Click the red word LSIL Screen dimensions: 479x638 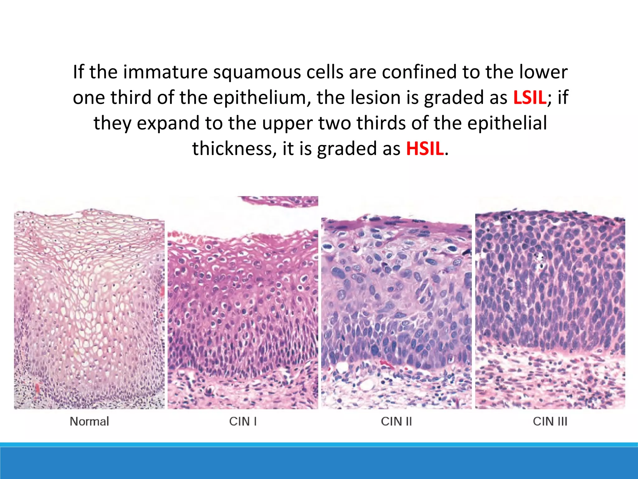click(530, 98)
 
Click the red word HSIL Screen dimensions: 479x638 click(425, 149)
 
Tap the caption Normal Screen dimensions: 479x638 click(89, 421)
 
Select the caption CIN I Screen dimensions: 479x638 click(243, 421)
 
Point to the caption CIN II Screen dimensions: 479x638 click(396, 421)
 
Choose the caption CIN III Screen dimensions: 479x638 click(550, 421)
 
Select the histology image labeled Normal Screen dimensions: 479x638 click(89, 309)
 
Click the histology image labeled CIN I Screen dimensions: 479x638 click(243, 312)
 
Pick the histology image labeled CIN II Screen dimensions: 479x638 click(396, 312)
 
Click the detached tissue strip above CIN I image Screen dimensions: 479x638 click(280, 201)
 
